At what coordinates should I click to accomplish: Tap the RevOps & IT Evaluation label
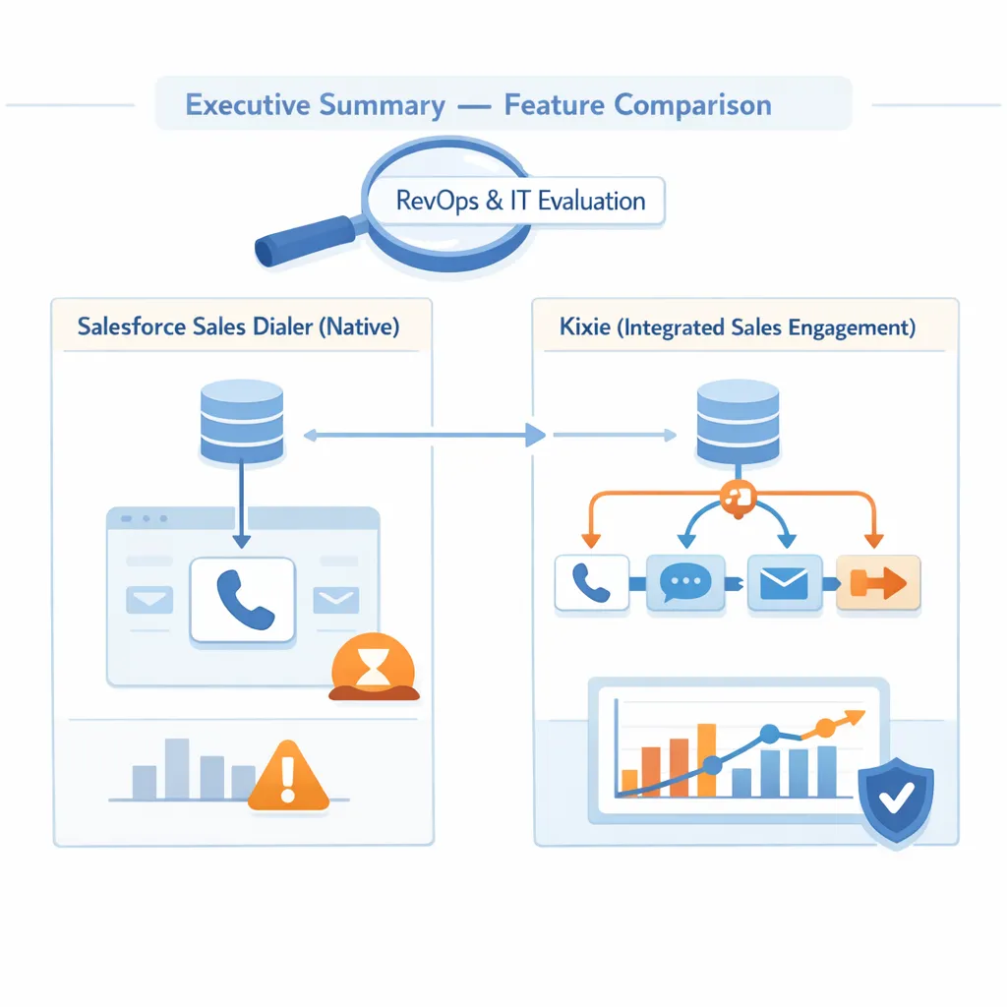click(520, 202)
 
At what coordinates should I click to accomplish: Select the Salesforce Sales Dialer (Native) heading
click(238, 327)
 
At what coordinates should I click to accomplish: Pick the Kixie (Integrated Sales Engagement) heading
click(738, 327)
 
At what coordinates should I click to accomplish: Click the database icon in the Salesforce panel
click(241, 424)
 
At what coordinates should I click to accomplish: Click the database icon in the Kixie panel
click(738, 424)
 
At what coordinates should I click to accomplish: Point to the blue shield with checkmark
click(895, 800)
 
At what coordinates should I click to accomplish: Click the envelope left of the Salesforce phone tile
click(148, 599)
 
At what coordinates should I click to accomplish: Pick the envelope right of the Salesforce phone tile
click(334, 599)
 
